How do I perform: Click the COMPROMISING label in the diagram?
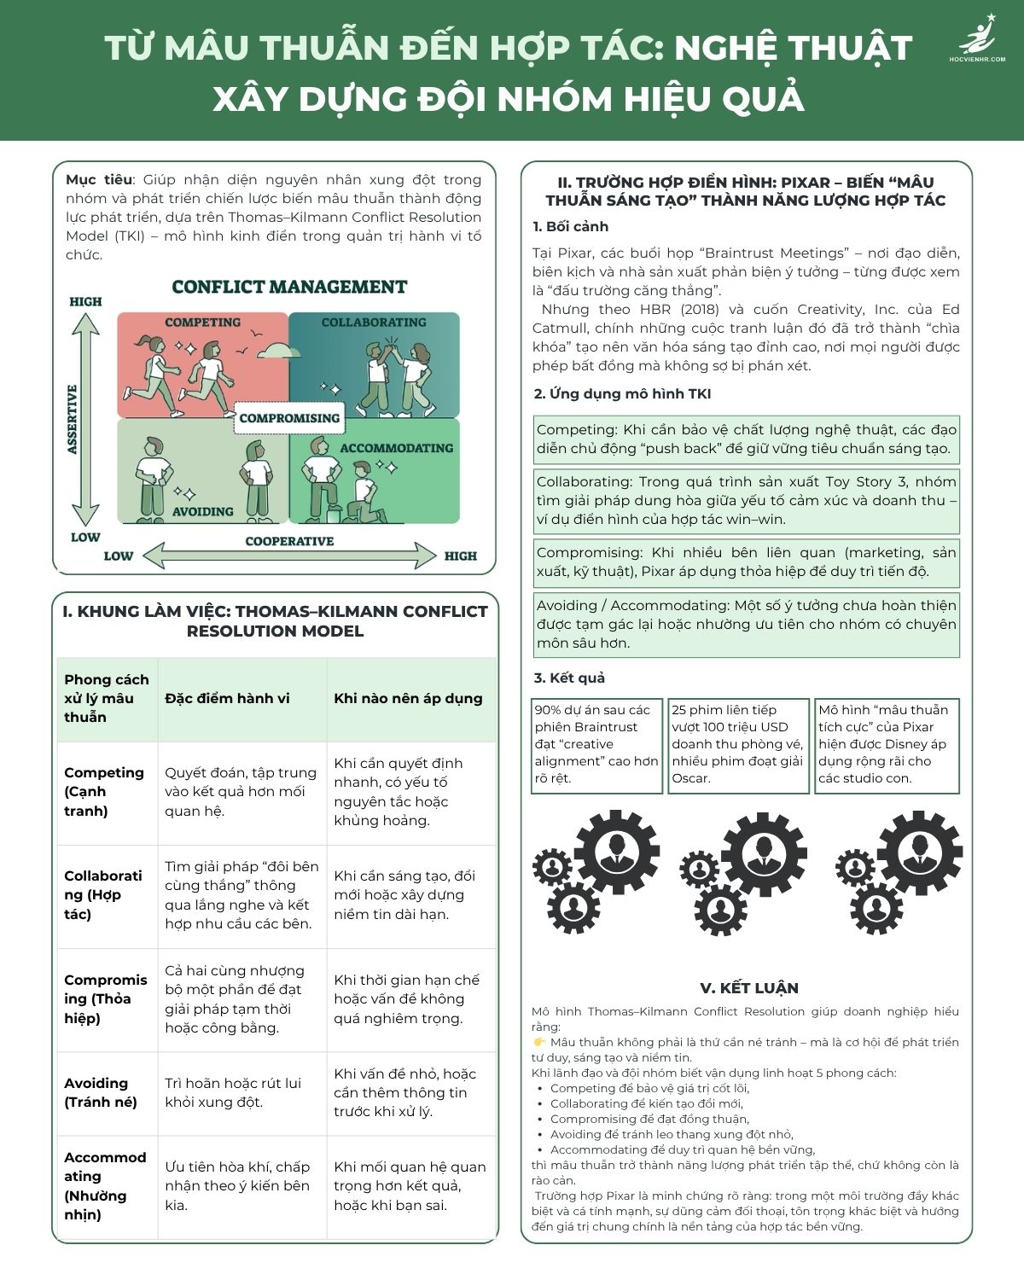289,418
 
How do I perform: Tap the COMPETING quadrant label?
202,323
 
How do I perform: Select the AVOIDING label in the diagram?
202,512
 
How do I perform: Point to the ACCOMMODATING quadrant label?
396,448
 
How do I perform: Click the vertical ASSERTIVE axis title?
73,419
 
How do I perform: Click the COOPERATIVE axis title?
289,541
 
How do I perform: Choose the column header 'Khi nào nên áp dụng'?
408,698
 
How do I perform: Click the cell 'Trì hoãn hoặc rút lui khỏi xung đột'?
233,1092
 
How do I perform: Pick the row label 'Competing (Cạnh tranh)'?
104,791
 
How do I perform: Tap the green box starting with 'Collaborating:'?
747,501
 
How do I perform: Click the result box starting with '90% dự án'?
596,745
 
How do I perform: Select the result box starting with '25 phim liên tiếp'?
738,745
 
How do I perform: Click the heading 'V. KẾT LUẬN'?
749,988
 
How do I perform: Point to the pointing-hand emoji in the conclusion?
539,1043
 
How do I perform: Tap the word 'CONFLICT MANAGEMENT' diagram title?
289,288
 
